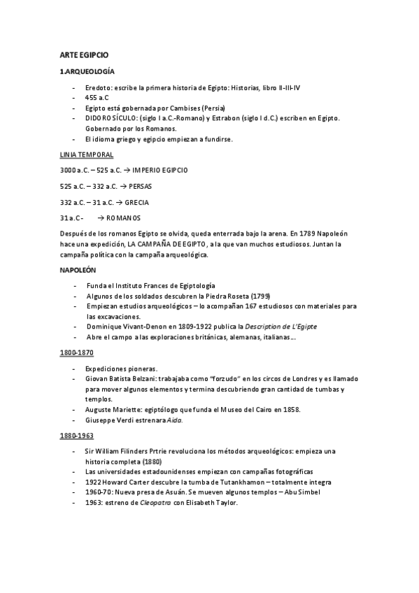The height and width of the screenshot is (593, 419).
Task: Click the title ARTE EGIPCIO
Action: coord(84,55)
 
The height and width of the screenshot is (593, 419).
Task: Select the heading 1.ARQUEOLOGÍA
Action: coord(87,72)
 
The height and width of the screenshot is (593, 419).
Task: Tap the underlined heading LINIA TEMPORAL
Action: coord(87,155)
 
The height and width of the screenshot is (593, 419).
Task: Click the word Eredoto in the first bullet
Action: coord(98,88)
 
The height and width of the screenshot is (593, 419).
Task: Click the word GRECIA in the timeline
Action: coord(136,202)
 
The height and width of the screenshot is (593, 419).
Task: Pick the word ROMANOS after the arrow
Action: coord(123,218)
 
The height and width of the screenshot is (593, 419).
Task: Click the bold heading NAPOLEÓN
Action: coord(78,270)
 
